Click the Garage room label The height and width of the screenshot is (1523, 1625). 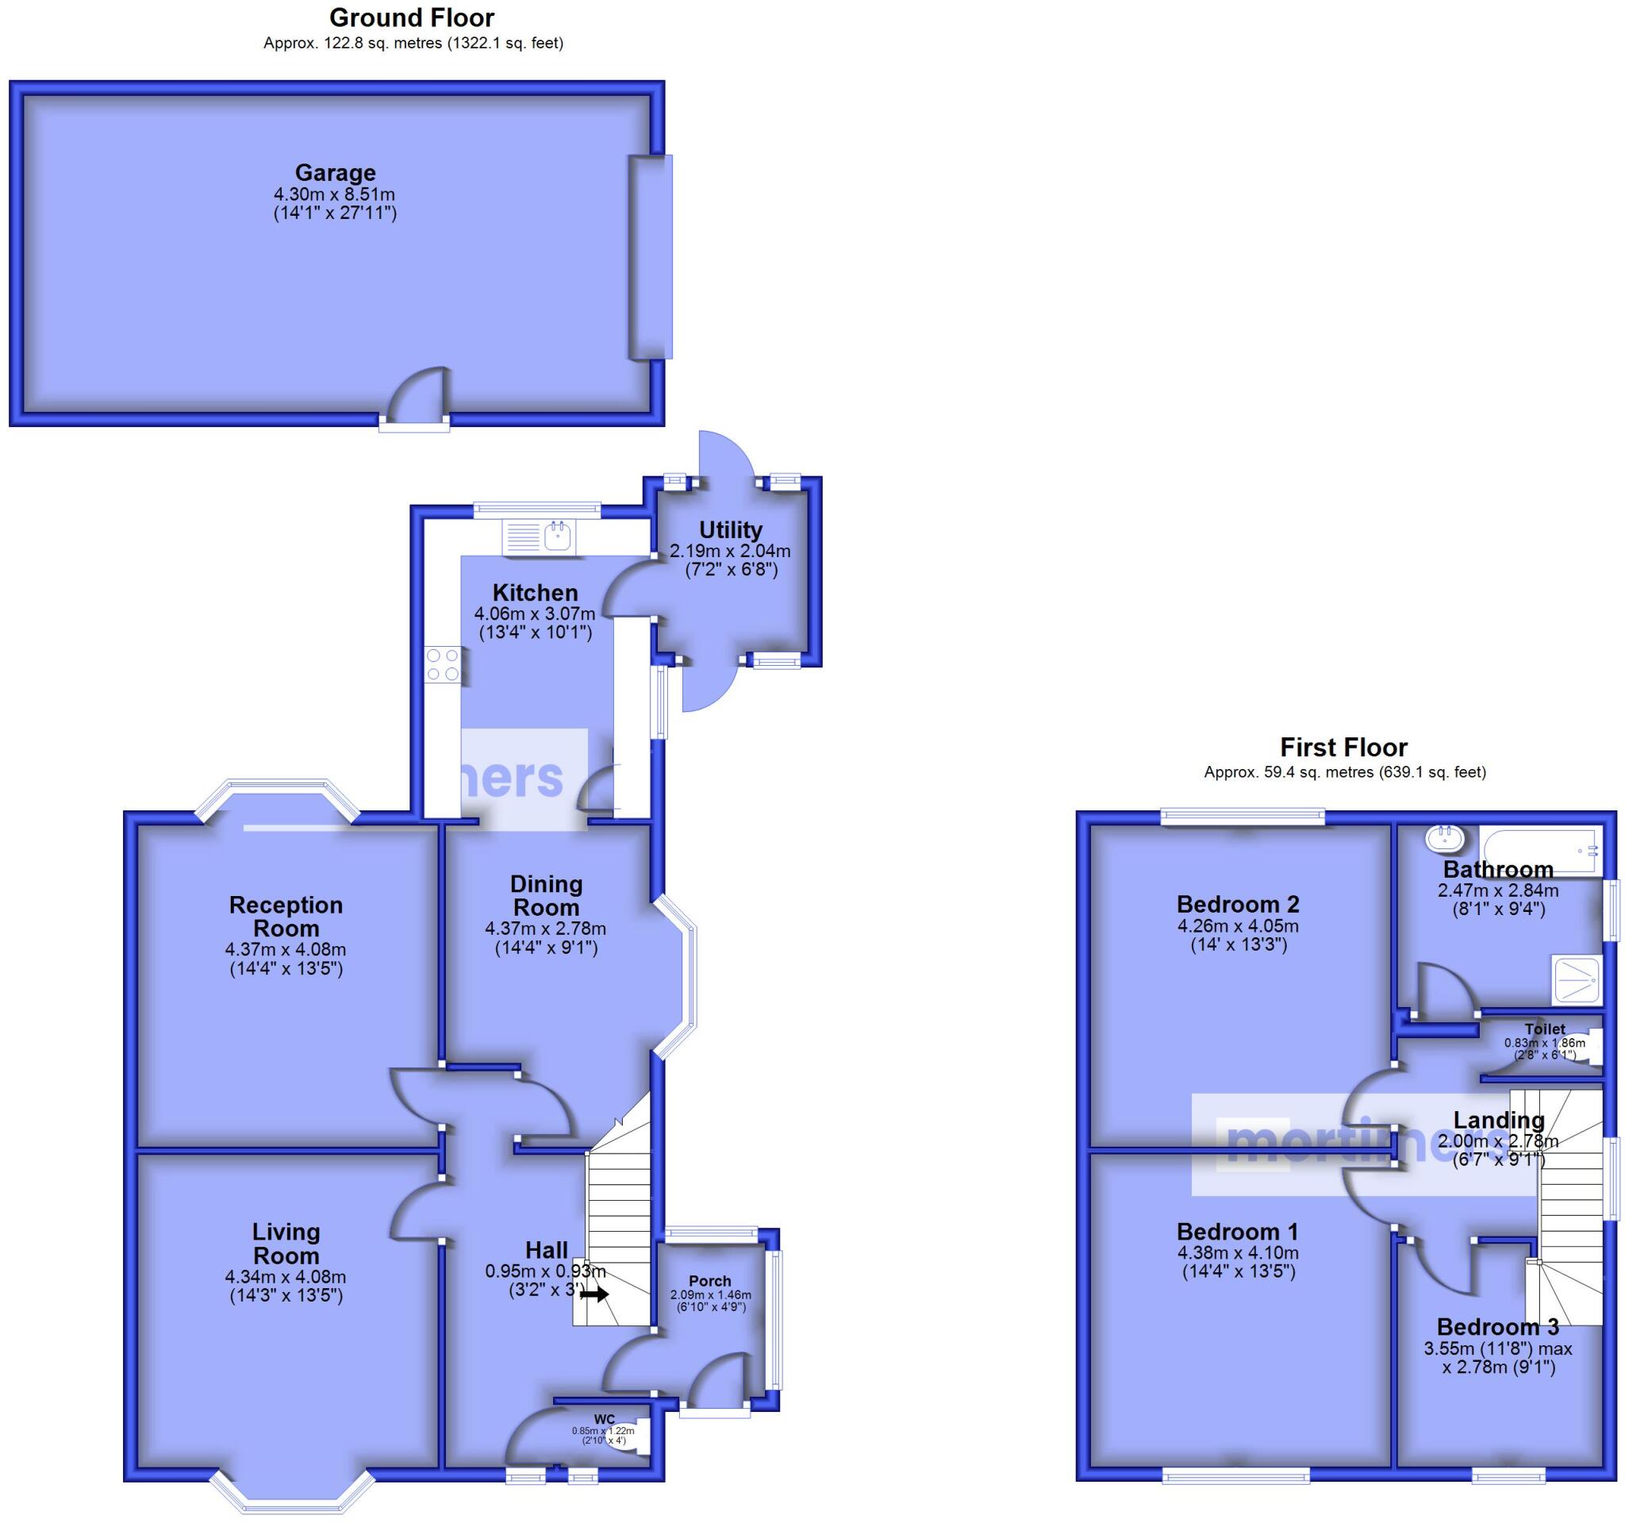click(335, 172)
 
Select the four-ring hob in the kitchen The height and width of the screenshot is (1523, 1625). click(442, 664)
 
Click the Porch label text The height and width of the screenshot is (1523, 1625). click(709, 1281)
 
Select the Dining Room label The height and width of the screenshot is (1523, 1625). click(546, 895)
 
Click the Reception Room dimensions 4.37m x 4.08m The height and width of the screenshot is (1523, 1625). click(286, 950)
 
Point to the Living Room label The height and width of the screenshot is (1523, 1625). click(286, 1244)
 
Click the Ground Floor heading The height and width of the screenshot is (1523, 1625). click(412, 17)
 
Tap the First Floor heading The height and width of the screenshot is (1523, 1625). click(1344, 747)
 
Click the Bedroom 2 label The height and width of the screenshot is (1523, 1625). click(1238, 904)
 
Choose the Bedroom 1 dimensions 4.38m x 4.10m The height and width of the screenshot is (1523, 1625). click(1238, 1253)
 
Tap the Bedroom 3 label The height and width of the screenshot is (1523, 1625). click(1497, 1327)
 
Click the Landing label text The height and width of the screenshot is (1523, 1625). click(1498, 1120)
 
